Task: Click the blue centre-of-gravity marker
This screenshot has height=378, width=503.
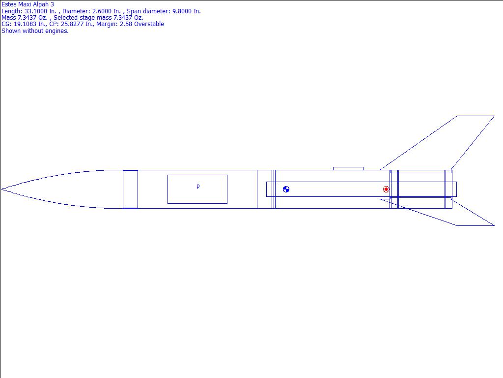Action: [286, 189]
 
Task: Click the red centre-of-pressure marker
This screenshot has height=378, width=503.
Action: [386, 189]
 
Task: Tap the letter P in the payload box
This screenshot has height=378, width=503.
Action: [198, 187]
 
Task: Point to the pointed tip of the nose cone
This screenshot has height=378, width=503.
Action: [1, 189]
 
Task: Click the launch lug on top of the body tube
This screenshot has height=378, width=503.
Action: [348, 168]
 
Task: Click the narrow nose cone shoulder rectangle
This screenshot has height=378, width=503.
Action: [130, 189]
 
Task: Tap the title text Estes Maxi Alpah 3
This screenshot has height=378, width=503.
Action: [28, 4]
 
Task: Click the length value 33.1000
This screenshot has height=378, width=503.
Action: [37, 11]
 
